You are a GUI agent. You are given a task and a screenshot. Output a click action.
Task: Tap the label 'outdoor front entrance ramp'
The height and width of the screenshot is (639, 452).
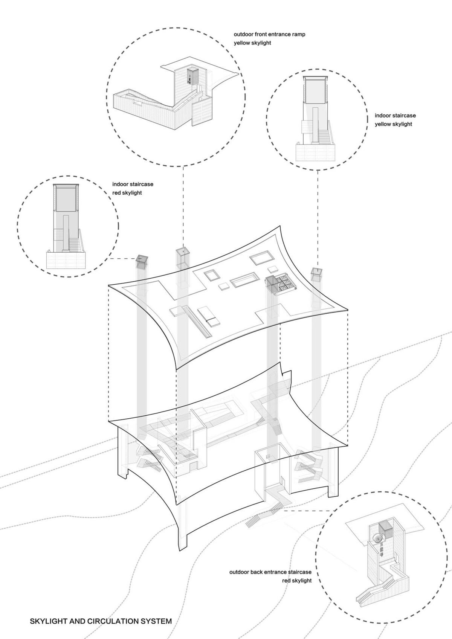click(269, 34)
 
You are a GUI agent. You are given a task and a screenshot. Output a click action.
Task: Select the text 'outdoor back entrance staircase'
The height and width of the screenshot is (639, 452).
click(270, 572)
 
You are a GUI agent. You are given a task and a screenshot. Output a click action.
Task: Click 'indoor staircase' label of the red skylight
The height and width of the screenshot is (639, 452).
click(133, 185)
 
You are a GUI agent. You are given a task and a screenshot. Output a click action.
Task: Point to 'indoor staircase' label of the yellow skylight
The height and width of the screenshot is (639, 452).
click(395, 116)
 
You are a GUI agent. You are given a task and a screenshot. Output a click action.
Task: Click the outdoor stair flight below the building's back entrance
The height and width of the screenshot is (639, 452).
click(256, 520)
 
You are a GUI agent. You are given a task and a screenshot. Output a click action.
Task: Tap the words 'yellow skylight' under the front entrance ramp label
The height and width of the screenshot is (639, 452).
click(252, 43)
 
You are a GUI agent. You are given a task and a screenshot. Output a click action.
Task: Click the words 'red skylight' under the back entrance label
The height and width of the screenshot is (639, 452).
click(297, 580)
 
